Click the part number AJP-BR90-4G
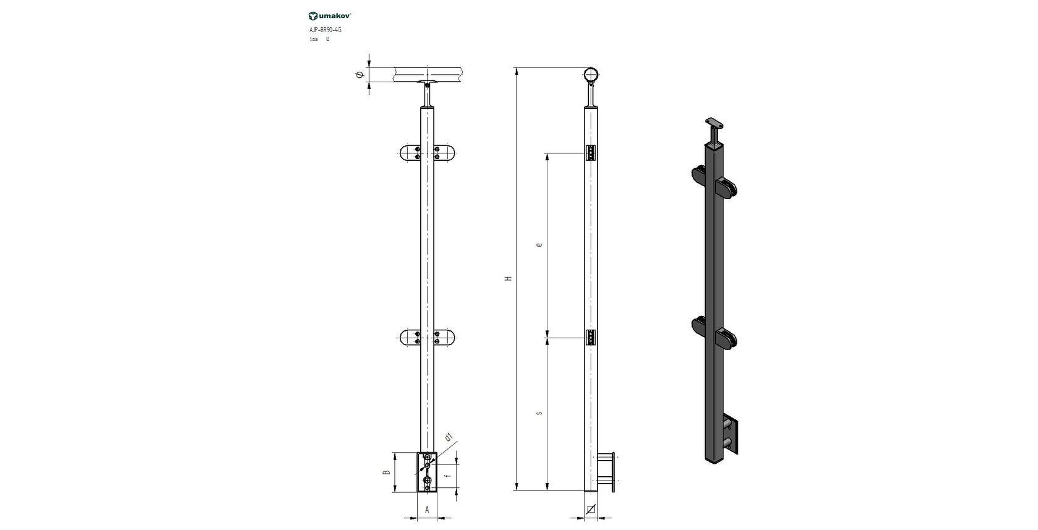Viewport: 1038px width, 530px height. coord(325,29)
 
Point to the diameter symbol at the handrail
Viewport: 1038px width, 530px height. coord(359,75)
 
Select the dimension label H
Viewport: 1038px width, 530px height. coord(508,278)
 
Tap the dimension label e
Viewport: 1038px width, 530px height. coord(539,245)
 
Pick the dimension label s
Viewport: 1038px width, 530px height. coord(539,412)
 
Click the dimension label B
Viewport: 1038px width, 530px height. coord(386,472)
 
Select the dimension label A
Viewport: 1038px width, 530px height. coord(427,510)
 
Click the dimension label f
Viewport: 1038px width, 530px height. coord(447,477)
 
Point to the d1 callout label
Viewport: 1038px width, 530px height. coord(449,438)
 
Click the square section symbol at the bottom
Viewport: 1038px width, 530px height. coord(591,510)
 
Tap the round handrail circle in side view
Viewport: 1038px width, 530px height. coord(591,75)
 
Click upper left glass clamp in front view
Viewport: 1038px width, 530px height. coord(410,153)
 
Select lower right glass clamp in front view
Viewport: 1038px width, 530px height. coord(444,338)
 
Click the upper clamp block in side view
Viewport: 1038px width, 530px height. coord(591,153)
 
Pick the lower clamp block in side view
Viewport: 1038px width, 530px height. coord(591,338)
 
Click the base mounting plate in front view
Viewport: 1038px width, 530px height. coord(427,472)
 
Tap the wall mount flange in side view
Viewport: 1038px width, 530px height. coord(612,472)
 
